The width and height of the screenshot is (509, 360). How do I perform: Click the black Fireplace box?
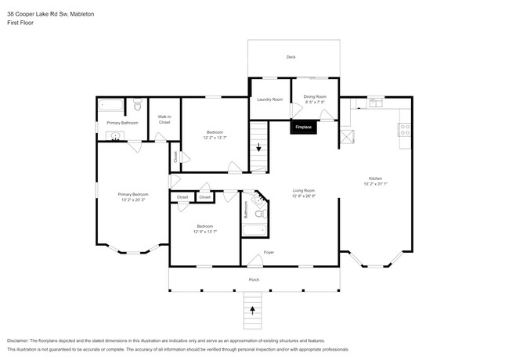pos(303,127)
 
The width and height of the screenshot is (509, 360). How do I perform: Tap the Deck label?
pos(291,57)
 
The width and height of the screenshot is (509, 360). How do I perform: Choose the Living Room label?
pos(303,190)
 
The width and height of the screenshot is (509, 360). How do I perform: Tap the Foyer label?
pos(269,252)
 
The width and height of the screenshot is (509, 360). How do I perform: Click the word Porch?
pos(254,279)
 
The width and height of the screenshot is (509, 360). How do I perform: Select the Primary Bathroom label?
pos(122,123)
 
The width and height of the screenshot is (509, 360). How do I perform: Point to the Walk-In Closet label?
pos(164,121)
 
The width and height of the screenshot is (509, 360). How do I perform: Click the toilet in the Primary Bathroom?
pos(137,104)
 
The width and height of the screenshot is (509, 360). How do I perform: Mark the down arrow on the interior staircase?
pos(258,147)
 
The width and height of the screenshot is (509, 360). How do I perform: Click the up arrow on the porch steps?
pos(252,310)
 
